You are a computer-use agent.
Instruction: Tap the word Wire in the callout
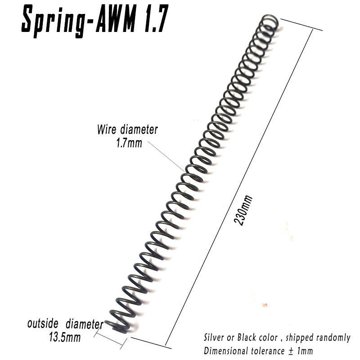point(107,130)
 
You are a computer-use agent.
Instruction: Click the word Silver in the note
point(214,337)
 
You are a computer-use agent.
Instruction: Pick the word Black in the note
point(243,337)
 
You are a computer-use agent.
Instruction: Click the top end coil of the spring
point(270,21)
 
